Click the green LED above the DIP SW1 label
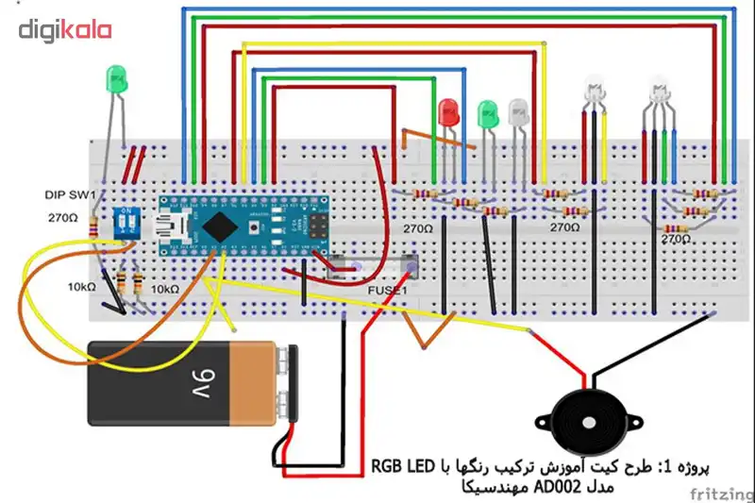tap(118, 80)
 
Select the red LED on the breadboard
tap(448, 111)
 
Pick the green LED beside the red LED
tap(488, 113)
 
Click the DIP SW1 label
tap(70, 194)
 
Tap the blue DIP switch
tap(126, 221)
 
